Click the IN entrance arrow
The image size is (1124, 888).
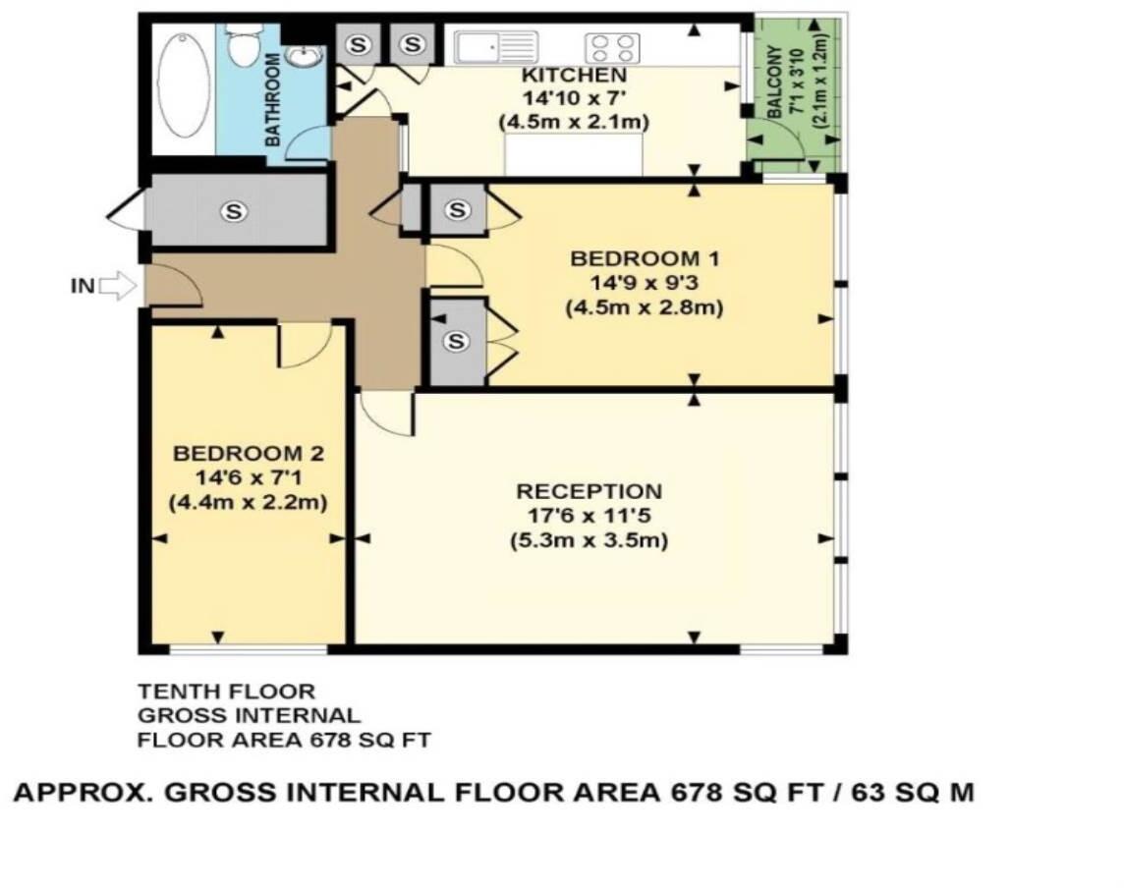(x=118, y=287)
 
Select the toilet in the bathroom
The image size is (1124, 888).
(x=241, y=43)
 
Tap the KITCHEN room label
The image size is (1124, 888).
(x=573, y=76)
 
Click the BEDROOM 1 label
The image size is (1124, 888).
(x=645, y=259)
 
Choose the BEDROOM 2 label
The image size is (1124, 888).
(x=248, y=454)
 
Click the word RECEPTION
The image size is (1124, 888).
(x=590, y=491)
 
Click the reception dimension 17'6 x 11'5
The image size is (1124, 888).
(x=590, y=516)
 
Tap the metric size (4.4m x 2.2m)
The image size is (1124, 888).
(x=248, y=502)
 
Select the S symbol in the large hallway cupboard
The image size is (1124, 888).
(x=233, y=209)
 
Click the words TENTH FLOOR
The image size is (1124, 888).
(x=226, y=693)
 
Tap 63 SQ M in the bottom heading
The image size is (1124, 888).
(x=911, y=793)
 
